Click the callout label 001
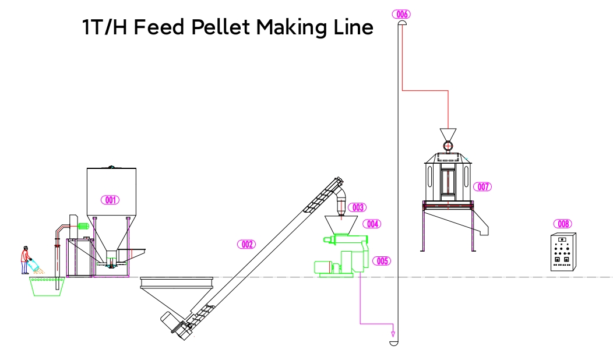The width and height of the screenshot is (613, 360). (110, 200)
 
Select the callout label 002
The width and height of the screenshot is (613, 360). (246, 244)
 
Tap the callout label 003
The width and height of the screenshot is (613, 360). (357, 207)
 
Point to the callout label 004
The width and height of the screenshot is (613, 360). (371, 224)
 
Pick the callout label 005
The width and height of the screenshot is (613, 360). (382, 261)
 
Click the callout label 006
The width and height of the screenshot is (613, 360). (402, 14)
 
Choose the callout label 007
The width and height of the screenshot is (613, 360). (483, 187)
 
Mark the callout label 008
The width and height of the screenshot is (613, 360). (563, 224)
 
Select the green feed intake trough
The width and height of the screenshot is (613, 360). (46, 287)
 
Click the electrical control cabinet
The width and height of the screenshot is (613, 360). (563, 252)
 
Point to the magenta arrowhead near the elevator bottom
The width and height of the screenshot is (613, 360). (393, 334)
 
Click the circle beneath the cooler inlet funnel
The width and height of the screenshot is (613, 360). (448, 146)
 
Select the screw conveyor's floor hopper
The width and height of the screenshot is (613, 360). (178, 291)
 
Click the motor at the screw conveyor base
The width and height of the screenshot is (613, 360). (175, 324)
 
